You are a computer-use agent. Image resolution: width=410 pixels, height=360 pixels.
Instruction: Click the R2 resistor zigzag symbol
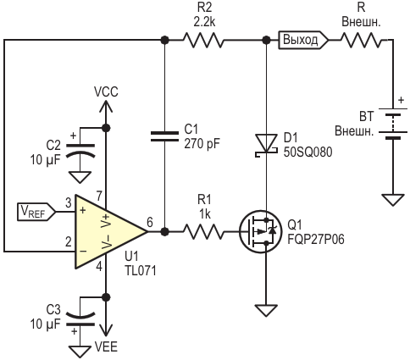202,41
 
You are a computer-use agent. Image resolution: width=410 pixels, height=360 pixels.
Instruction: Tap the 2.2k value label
204,22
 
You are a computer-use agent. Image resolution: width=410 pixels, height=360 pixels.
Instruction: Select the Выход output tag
303,40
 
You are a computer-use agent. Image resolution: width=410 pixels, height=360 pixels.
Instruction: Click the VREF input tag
36,212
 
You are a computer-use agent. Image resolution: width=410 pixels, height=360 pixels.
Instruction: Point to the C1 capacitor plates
164,136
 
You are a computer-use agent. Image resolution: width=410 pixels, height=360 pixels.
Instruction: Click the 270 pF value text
202,144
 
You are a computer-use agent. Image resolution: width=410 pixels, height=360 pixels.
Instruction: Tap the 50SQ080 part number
307,152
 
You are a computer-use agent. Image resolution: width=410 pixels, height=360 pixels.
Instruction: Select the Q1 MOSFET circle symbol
261,232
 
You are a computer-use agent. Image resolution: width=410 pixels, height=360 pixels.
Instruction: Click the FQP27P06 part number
316,240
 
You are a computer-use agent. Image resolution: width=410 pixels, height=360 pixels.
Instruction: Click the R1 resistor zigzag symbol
202,232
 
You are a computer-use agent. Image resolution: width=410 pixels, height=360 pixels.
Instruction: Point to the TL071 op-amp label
140,271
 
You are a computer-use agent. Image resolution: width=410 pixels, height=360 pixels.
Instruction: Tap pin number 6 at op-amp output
150,223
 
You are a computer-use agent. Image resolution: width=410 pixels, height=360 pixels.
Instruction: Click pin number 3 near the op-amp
69,203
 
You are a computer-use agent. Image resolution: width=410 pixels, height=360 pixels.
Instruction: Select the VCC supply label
106,92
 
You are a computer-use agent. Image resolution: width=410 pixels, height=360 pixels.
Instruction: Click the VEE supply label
106,346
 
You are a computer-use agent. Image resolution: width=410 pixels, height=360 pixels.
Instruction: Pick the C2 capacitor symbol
80,151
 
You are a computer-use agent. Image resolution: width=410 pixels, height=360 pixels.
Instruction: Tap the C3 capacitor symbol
80,318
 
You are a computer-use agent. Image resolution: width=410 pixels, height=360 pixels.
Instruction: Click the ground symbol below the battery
393,200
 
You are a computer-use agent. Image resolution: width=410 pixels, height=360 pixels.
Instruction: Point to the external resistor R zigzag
363,41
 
